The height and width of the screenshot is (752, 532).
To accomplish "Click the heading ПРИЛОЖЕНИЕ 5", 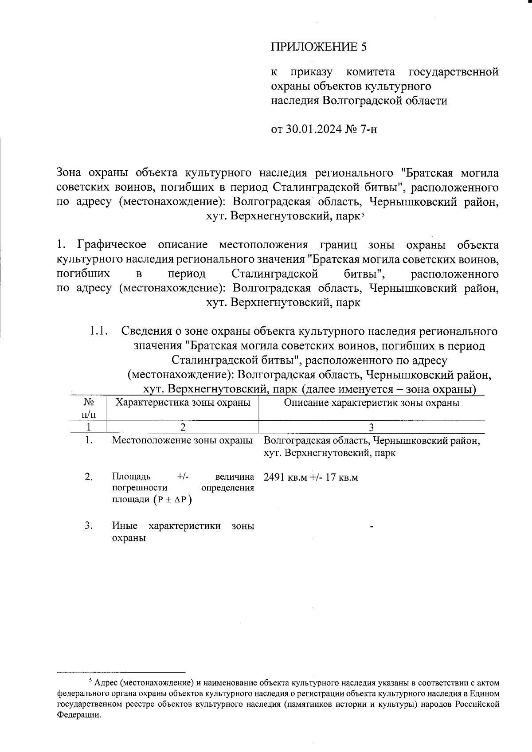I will pos(319,47).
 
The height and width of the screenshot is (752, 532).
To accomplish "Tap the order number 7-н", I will pos(367,129).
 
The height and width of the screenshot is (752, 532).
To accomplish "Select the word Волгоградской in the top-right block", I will pos(361,100).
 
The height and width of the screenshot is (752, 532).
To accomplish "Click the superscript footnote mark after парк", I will pos(363,215).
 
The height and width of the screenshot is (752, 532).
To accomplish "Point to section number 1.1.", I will pos(98,331).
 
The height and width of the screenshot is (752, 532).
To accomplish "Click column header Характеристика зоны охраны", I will pos(183,403).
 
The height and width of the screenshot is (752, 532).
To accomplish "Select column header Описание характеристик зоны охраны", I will pos(371,403).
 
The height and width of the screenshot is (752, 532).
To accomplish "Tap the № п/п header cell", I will pos(89,408).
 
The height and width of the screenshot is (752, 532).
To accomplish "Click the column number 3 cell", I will pos(371,427).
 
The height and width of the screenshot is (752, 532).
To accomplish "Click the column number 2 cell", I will pos(183,427).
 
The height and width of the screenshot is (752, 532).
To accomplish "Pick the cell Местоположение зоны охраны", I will pos(183,441).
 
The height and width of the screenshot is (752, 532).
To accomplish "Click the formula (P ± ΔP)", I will pos(172,500).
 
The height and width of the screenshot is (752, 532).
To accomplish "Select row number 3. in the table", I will pos(89,526).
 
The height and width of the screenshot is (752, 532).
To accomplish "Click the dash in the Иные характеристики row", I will pos(372,527).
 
